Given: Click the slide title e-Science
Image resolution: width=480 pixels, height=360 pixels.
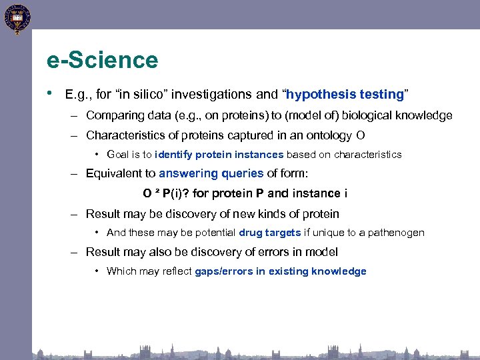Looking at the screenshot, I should coord(103,60).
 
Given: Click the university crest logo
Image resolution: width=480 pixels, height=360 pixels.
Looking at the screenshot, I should coord(16,18).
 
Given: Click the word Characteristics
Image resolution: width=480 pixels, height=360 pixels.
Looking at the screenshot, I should coord(125,135).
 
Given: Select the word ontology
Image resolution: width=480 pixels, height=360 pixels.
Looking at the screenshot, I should coord(327,135).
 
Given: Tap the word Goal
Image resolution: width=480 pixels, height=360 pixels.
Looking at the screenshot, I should coord(118,154).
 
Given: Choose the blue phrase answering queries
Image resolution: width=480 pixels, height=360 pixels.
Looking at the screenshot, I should coord(211,173).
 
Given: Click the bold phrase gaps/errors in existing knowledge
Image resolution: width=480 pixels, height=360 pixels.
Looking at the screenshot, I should coord(280,271).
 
